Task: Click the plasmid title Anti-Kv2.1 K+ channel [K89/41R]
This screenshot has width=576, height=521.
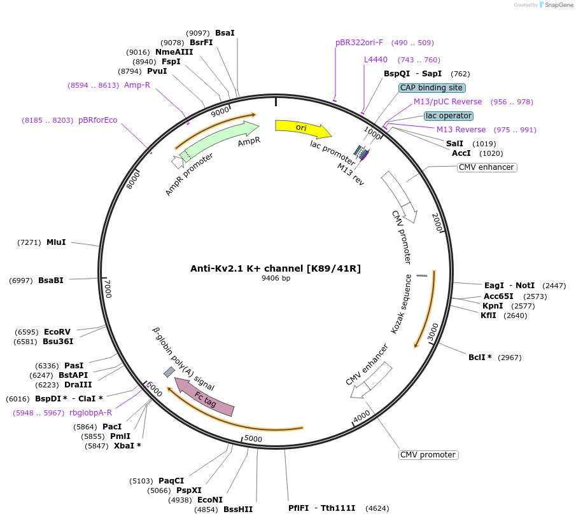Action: click(276, 268)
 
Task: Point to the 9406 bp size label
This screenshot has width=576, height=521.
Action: click(276, 278)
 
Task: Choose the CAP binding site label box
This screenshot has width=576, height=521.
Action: click(432, 88)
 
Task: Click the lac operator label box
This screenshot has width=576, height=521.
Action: click(449, 116)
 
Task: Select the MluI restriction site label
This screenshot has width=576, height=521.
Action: click(56, 242)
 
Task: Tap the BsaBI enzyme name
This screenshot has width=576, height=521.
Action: click(51, 281)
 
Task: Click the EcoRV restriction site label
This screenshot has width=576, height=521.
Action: click(57, 332)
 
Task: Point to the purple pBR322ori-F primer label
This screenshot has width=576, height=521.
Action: click(360, 43)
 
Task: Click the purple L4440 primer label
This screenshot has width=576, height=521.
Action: click(376, 60)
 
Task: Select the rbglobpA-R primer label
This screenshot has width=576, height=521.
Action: click(90, 413)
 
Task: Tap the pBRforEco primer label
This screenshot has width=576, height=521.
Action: click(97, 120)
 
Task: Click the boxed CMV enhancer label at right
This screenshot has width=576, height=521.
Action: click(486, 167)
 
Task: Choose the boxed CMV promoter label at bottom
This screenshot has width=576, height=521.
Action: click(428, 455)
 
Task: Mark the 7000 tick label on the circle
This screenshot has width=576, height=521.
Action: click(108, 288)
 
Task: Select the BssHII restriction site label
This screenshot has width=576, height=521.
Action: click(238, 509)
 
